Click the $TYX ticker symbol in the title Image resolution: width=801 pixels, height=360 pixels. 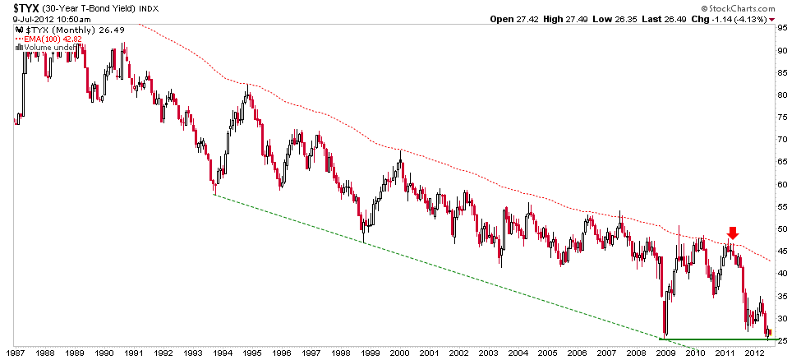18,7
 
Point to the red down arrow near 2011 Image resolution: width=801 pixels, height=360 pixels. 732,233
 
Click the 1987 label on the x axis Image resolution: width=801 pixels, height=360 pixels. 16,353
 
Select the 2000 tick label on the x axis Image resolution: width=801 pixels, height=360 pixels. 400,353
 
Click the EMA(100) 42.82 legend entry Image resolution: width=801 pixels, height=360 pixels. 41,39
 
